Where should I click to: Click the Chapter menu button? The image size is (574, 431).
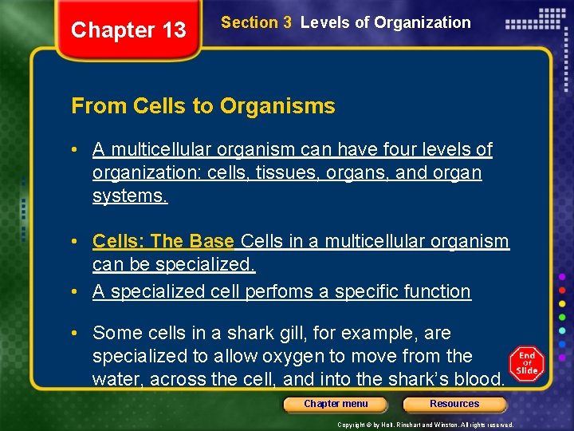tap(336, 404)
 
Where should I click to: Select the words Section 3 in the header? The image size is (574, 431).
tap(256, 22)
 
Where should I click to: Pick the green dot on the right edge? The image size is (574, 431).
tap(562, 316)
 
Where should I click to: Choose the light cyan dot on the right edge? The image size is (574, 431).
tap(562, 330)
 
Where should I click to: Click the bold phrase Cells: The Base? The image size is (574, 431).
tap(163, 241)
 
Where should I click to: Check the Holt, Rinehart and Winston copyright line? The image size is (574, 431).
tap(425, 425)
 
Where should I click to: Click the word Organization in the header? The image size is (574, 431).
tap(423, 22)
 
